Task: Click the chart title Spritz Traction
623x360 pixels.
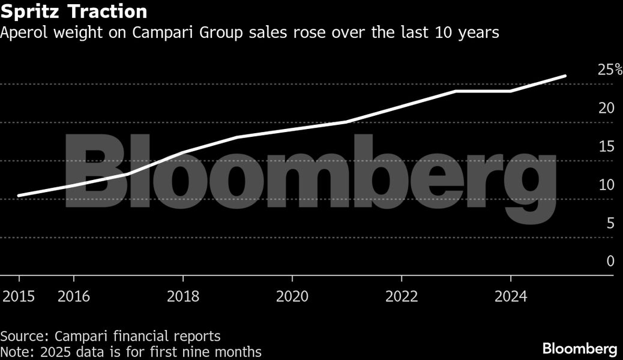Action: click(74, 11)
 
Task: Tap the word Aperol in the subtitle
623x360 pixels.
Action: click(22, 33)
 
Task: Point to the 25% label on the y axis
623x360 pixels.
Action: click(610, 70)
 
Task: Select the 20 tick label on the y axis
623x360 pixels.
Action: click(606, 109)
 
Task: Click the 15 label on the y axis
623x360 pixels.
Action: click(606, 147)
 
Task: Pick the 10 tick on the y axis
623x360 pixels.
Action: click(606, 185)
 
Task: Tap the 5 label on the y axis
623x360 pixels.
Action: click(610, 224)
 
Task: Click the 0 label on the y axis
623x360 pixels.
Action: click(610, 262)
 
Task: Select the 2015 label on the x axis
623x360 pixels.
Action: click(19, 297)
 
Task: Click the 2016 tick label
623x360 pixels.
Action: click(73, 297)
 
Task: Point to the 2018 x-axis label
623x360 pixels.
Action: click(182, 297)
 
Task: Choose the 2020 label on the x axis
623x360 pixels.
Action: click(292, 297)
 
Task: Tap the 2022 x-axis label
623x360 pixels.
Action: click(401, 297)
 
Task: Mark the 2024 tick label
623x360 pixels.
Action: click(510, 297)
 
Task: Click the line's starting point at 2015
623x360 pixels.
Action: click(19, 196)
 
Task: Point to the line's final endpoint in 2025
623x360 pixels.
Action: click(565, 76)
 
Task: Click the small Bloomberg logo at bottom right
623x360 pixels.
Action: click(579, 349)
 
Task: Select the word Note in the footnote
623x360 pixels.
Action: click(14, 352)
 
